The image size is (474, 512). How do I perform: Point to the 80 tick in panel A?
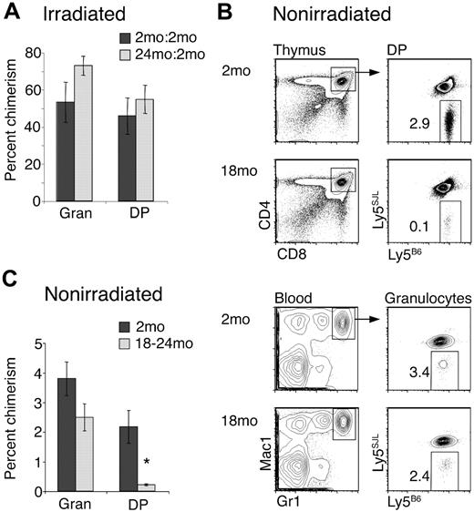tap(38, 53)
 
